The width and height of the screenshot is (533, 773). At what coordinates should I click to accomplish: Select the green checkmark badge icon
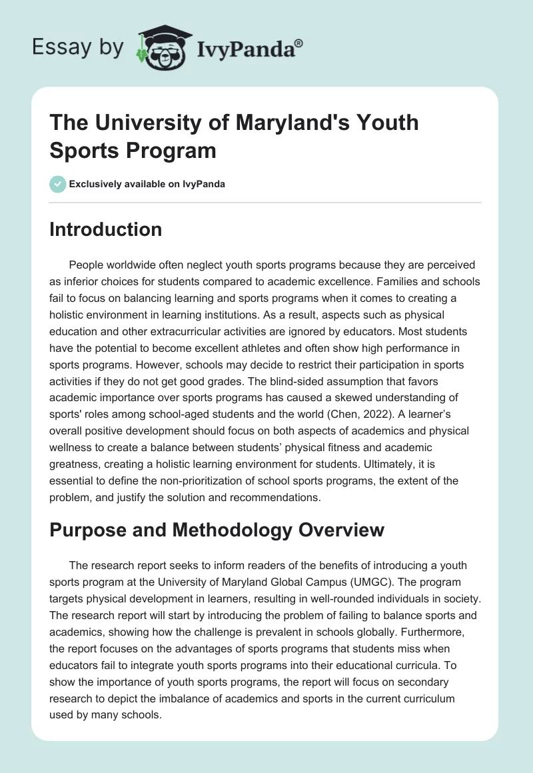coord(58,185)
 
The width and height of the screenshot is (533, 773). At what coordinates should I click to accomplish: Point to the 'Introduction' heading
coord(106,230)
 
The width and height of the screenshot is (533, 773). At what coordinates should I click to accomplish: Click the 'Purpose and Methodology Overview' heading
coord(217,530)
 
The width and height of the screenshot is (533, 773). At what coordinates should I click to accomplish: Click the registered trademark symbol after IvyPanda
coord(299,42)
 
